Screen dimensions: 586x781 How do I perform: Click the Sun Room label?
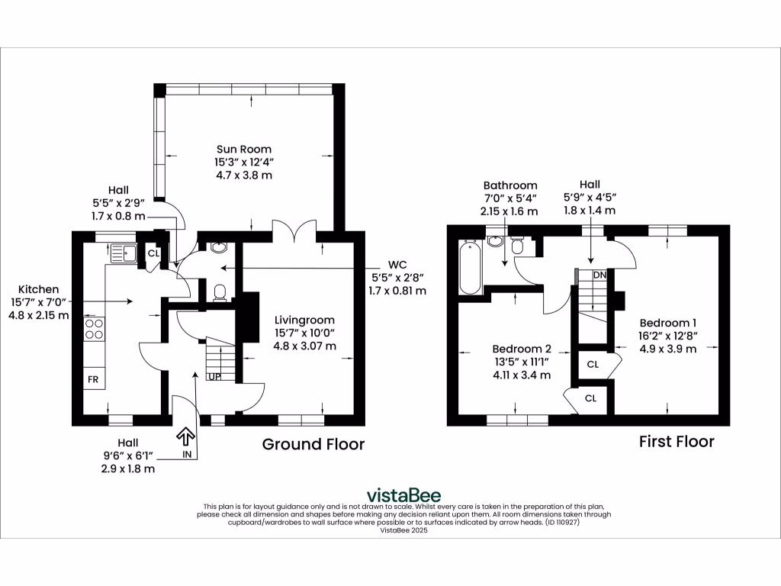pyautogui.click(x=243, y=149)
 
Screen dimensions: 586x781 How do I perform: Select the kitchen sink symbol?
pyautogui.click(x=123, y=252)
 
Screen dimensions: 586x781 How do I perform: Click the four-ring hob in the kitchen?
pyautogui.click(x=94, y=329)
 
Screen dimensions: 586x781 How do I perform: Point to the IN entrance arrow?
pyautogui.click(x=185, y=437)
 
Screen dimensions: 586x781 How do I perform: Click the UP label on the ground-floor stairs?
pyautogui.click(x=216, y=376)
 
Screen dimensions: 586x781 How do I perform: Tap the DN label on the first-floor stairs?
pyautogui.click(x=599, y=275)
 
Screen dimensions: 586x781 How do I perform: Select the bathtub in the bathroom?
pyautogui.click(x=469, y=267)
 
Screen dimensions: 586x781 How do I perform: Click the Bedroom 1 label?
pyautogui.click(x=667, y=322)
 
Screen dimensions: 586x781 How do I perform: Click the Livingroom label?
pyautogui.click(x=304, y=320)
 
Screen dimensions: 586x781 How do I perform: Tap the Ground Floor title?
pyautogui.click(x=313, y=444)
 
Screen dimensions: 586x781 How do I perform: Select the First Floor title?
pyautogui.click(x=677, y=441)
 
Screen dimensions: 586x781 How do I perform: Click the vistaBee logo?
pyautogui.click(x=403, y=494)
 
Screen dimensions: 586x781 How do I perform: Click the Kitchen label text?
pyautogui.click(x=39, y=289)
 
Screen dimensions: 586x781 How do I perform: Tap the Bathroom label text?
pyautogui.click(x=510, y=185)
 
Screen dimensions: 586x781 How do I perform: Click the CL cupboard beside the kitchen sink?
pyautogui.click(x=153, y=253)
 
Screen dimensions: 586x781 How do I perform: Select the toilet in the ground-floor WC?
pyautogui.click(x=220, y=292)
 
